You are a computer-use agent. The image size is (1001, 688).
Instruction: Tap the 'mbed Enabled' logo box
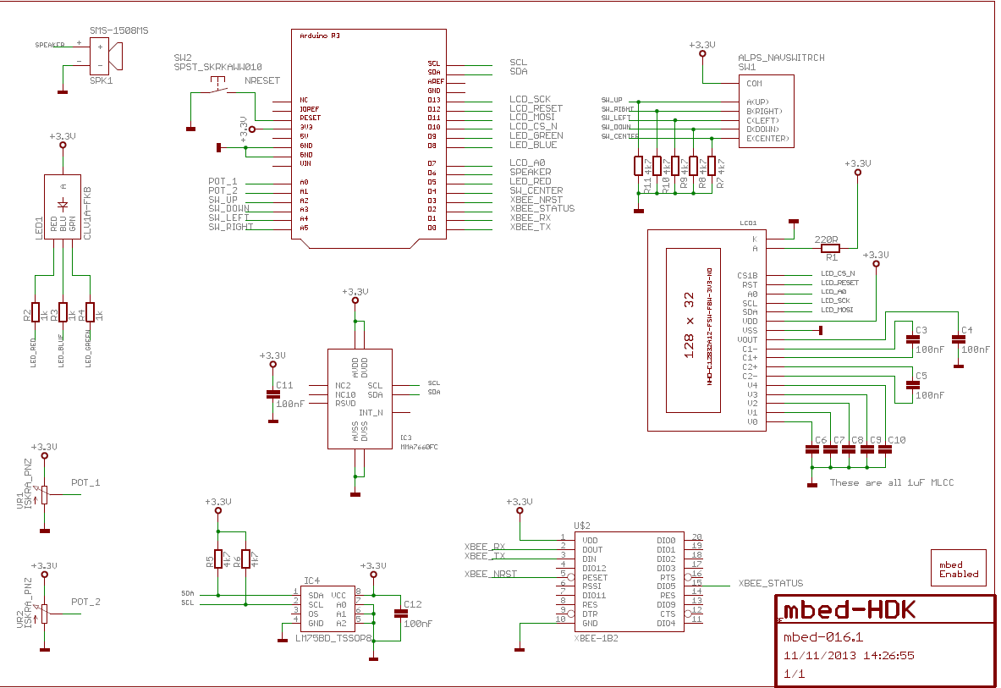[959, 569]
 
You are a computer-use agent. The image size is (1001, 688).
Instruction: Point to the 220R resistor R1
[831, 248]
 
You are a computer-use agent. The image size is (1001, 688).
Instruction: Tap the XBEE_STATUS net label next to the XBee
[770, 584]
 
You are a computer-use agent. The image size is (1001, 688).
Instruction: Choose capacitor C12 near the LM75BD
[398, 614]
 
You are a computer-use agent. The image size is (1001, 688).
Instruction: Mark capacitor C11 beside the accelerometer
[272, 394]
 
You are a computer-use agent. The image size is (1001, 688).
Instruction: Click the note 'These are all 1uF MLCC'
[891, 482]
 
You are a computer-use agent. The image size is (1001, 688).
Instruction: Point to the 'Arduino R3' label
[320, 36]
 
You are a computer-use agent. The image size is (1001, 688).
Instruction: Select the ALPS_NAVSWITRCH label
[780, 58]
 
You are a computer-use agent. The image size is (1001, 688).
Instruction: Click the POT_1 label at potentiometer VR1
[85, 483]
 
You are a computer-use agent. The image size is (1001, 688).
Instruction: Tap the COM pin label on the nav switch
[753, 84]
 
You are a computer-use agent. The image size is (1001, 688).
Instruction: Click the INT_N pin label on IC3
[371, 413]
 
